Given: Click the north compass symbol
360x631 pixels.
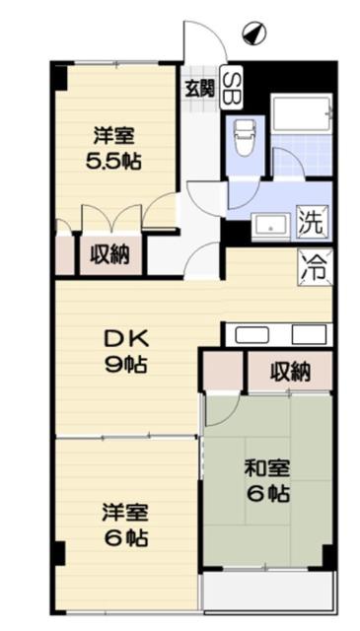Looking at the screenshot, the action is point(254,34).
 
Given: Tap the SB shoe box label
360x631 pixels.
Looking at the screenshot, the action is point(232,88).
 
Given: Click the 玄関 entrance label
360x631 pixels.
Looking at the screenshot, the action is point(199,88).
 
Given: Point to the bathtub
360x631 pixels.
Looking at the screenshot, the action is point(301,112).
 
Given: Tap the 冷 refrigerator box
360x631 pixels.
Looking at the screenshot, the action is point(316,267).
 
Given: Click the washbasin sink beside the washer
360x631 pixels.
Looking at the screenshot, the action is point(271,228).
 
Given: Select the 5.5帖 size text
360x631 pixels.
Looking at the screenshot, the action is point(114,162).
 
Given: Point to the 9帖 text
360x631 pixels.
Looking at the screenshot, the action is point(126,366).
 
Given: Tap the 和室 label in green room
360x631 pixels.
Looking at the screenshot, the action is point(268,469).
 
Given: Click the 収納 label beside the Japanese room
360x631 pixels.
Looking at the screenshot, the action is point(290,372).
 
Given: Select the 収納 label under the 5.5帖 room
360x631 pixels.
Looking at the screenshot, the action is point(109,254).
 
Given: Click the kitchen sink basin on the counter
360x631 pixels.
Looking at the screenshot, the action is point(252,335).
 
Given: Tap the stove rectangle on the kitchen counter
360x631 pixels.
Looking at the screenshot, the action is point(310,335).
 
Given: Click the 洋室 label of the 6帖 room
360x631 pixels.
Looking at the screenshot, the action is point(125,513).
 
